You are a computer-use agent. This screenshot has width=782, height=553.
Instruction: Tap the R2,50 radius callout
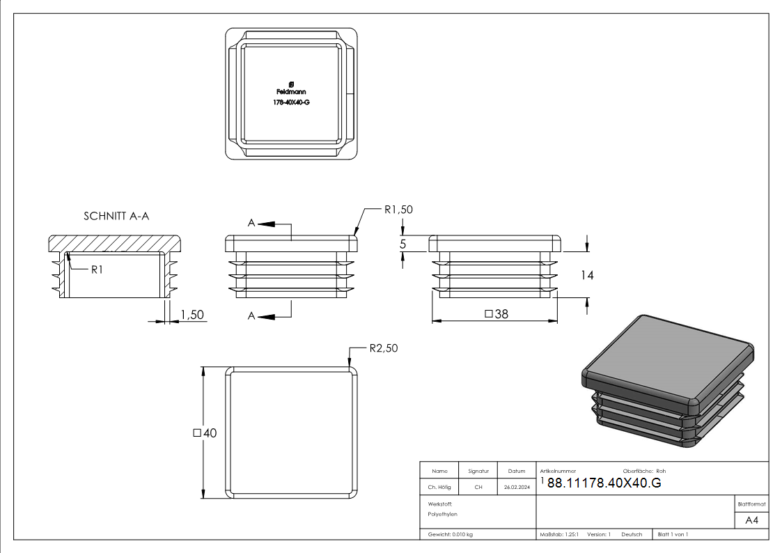pyautogui.click(x=384, y=348)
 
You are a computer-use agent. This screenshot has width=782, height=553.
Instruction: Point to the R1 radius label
pyautogui.click(x=97, y=270)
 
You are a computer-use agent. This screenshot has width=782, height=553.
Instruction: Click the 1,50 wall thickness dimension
pyautogui.click(x=192, y=315)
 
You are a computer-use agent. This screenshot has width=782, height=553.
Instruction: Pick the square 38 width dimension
pyautogui.click(x=496, y=314)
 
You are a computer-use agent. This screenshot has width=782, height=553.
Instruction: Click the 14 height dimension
pyautogui.click(x=587, y=275)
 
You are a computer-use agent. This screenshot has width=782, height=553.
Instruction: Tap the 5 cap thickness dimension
pyautogui.click(x=402, y=244)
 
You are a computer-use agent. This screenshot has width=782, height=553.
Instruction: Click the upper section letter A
pyautogui.click(x=252, y=223)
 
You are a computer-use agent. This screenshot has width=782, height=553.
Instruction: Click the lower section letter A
pyautogui.click(x=252, y=316)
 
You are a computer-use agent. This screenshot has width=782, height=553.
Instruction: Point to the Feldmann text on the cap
pyautogui.click(x=291, y=92)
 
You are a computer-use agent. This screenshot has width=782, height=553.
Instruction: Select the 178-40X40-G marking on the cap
pyautogui.click(x=291, y=102)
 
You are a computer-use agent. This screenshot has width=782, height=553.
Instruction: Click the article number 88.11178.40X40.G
pyautogui.click(x=604, y=484)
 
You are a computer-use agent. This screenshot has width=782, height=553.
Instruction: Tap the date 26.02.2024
pyautogui.click(x=517, y=488)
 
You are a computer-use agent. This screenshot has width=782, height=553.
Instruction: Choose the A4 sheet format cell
pyautogui.click(x=751, y=520)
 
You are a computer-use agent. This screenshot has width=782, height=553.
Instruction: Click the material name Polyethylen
pyautogui.click(x=443, y=514)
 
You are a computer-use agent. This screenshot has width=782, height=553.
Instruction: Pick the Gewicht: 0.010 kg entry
pyautogui.click(x=451, y=534)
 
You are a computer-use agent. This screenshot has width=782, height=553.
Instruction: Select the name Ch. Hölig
pyautogui.click(x=439, y=488)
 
